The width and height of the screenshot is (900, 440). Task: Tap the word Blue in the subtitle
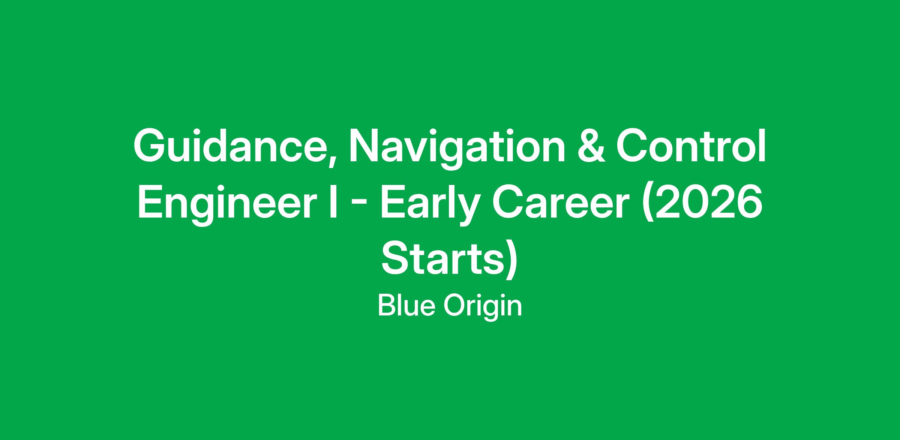406,306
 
